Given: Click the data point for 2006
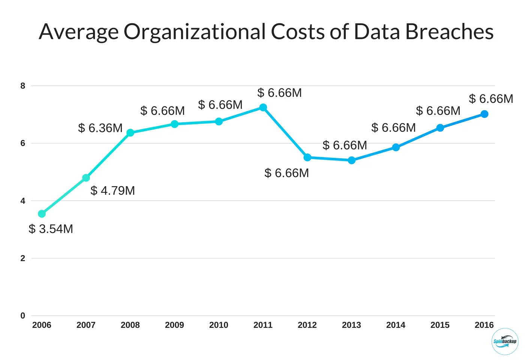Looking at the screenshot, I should pos(42,214).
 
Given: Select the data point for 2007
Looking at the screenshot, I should pos(86,178).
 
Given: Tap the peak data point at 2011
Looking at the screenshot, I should pos(263,108).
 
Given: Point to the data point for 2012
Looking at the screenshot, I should pos(307,157).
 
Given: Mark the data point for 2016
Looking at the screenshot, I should pos(484,114).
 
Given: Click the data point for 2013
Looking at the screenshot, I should pos(351,160).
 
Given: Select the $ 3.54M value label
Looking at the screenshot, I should pos(51,229).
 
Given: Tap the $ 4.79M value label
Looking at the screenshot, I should pos(112,190).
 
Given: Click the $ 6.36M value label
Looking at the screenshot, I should pos(100,128).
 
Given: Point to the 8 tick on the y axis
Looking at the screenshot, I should pos(23,86).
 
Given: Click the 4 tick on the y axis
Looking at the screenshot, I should pos(23,201).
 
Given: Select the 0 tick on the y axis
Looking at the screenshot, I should pos(23,316).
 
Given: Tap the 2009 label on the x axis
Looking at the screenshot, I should pos(174,325).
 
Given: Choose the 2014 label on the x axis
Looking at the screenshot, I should pos(396,325).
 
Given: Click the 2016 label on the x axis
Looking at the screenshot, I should pos(484,325).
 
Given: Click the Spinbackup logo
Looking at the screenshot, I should pos(504,341).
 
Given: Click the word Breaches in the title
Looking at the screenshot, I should pos(449,31).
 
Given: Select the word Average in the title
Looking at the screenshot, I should pos(79,31).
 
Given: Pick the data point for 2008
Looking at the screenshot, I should pos(130,133).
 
